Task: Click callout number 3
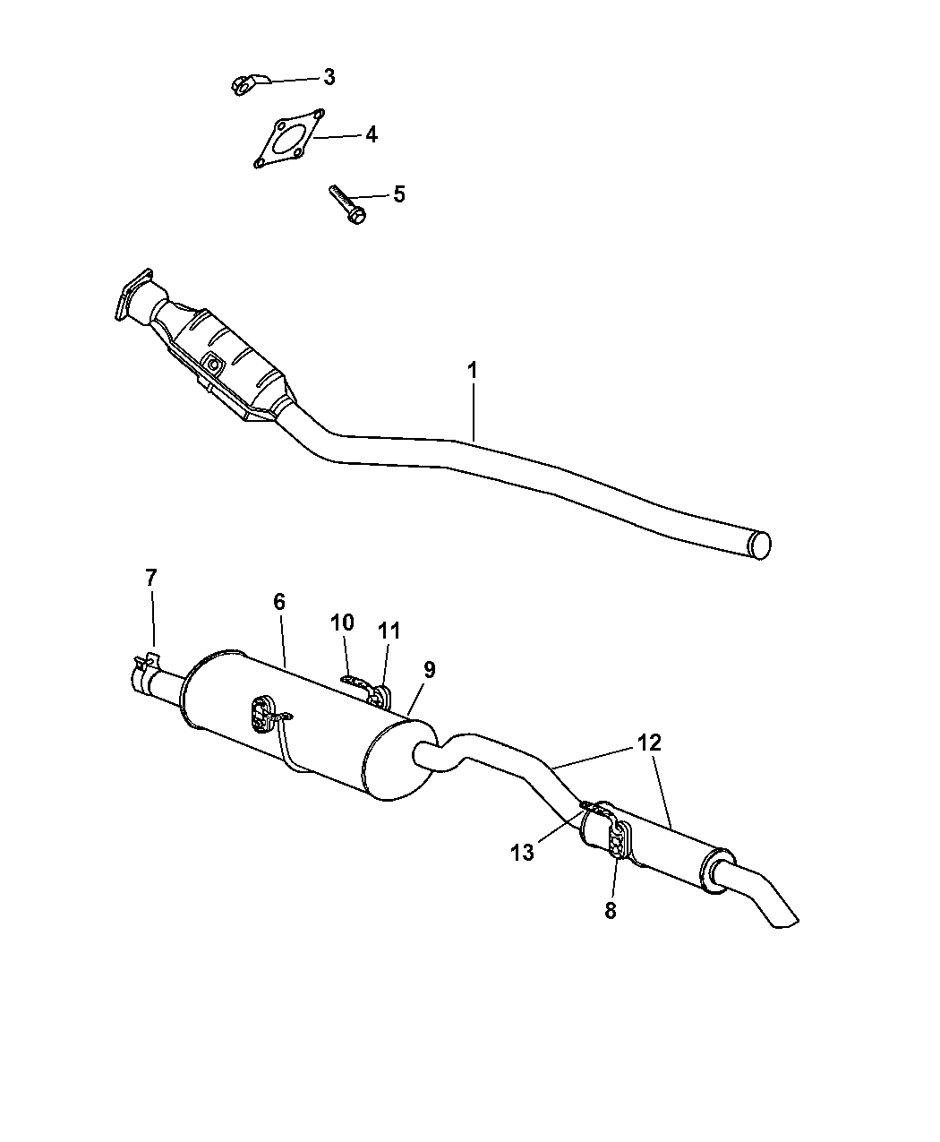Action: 329,78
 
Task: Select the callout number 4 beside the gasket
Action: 372,134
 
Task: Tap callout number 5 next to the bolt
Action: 399,194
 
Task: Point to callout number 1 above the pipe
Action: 473,371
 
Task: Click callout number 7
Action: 151,578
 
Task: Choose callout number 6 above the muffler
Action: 279,602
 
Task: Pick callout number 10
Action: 342,623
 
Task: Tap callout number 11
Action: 389,631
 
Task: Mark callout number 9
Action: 429,670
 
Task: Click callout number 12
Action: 649,743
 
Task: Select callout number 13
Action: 522,853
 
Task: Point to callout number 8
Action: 611,911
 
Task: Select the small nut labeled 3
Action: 249,83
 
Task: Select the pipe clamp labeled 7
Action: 144,671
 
